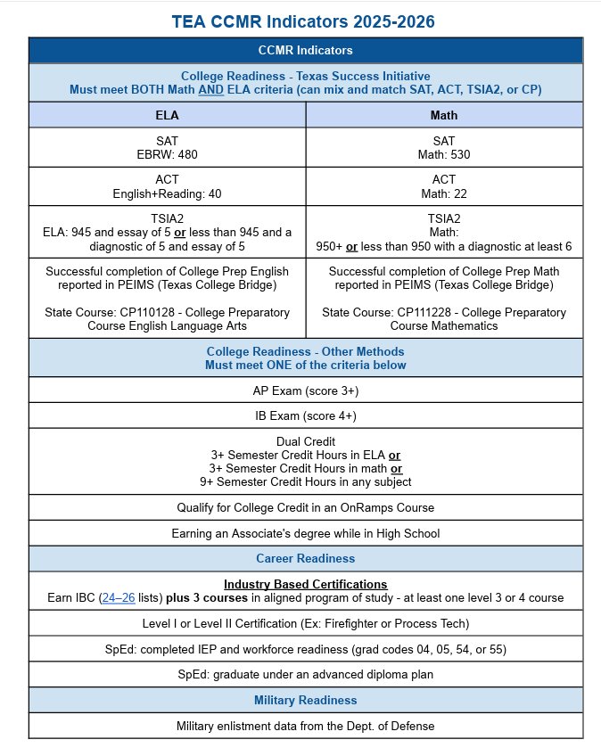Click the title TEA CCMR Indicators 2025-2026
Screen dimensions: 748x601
pyautogui.click(x=305, y=20)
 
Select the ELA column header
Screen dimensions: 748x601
pyautogui.click(x=167, y=115)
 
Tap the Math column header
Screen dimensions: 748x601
pyautogui.click(x=443, y=115)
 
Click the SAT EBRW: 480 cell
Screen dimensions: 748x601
pyautogui.click(x=167, y=148)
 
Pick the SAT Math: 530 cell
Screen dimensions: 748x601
pyautogui.click(x=443, y=148)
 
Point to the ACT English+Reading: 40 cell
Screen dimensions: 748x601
pyautogui.click(x=167, y=186)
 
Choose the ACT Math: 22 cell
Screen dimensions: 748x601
pyautogui.click(x=443, y=186)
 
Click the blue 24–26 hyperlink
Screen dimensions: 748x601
pyautogui.click(x=119, y=598)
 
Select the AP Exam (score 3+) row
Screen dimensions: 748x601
pyautogui.click(x=305, y=390)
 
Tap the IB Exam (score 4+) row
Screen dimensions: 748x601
pyautogui.click(x=305, y=415)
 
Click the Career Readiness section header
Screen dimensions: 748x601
pyautogui.click(x=305, y=558)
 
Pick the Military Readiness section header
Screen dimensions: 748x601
pyautogui.click(x=305, y=700)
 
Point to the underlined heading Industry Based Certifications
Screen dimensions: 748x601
pyautogui.click(x=305, y=585)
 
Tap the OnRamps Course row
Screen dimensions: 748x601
pyautogui.click(x=305, y=507)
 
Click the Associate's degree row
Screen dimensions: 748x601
pyautogui.click(x=305, y=533)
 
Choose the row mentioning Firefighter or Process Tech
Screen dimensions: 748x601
pyautogui.click(x=305, y=623)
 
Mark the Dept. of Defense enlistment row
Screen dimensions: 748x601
pyautogui.click(x=305, y=726)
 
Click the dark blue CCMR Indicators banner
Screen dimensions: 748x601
pyautogui.click(x=305, y=50)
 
